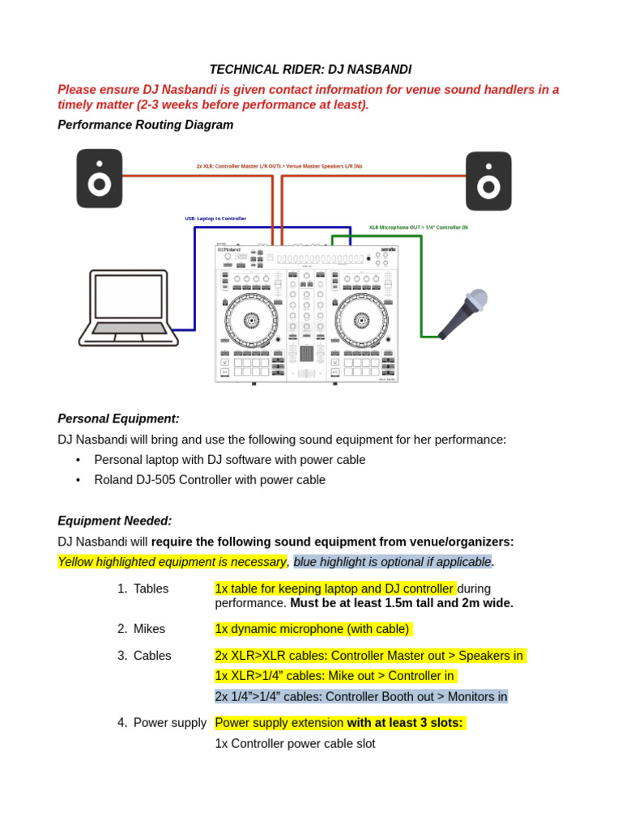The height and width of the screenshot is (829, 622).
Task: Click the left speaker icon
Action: point(100,178)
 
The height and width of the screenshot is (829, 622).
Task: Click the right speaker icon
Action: point(488,181)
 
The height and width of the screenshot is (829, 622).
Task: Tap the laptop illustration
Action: point(128,308)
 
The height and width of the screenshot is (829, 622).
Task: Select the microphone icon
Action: point(465,313)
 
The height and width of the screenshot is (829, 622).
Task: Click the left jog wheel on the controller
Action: point(251,320)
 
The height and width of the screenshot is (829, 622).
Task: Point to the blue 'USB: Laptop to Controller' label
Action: point(215,219)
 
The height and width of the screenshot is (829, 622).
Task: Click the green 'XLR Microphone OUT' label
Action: point(418,227)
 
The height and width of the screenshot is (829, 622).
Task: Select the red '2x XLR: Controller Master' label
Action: point(279,166)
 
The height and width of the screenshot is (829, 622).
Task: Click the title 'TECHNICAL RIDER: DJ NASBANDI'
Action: point(310,70)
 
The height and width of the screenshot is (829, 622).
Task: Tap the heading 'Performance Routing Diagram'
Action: point(145,125)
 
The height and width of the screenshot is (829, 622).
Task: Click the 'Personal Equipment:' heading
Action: point(118,419)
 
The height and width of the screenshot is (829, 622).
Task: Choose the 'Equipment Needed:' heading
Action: point(114,521)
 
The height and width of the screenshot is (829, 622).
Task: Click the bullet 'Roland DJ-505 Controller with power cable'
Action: point(210,479)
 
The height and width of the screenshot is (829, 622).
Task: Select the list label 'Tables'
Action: point(151,589)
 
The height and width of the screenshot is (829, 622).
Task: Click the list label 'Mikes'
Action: point(149,629)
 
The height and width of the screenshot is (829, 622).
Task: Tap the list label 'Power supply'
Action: point(169,722)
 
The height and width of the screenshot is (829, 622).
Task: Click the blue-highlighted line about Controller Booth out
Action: point(360,696)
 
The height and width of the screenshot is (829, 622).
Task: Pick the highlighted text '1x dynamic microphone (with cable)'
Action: point(313,629)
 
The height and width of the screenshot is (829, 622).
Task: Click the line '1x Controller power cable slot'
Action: point(295,743)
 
